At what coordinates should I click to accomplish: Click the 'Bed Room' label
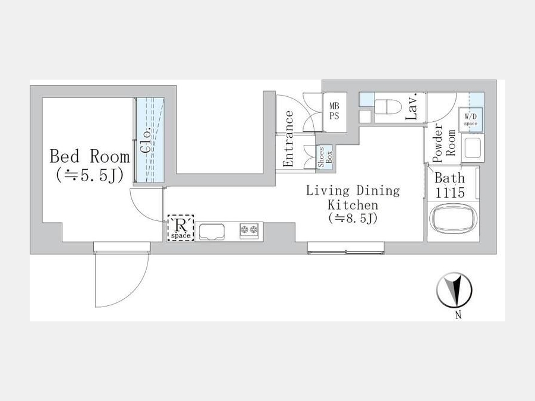90,156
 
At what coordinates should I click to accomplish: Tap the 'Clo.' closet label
146,140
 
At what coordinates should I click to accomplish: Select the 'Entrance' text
288,138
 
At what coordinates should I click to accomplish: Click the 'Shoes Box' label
325,157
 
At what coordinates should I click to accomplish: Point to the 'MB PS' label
334,112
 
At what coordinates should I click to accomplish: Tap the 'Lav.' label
412,106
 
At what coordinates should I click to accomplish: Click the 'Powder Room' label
444,143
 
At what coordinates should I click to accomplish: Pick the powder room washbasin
472,148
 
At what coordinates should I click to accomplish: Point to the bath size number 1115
450,192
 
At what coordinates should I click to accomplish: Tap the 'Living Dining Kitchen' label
353,198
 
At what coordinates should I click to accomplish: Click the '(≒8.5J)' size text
353,218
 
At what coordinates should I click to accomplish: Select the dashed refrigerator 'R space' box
181,228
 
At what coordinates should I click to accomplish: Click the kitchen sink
212,231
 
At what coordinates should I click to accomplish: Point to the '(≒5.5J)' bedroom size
90,176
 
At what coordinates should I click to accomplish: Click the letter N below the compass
458,315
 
